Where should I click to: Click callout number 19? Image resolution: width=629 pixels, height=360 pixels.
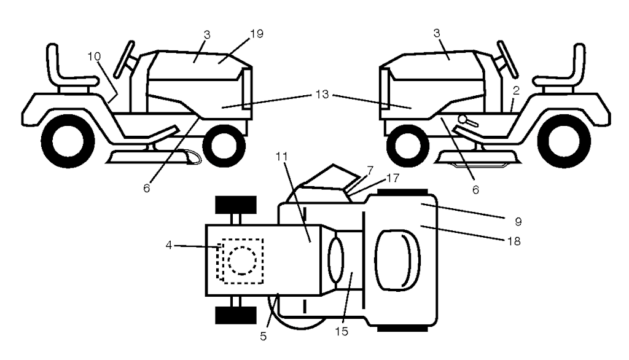coord(257,34)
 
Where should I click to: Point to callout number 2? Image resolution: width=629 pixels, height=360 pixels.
coord(516,90)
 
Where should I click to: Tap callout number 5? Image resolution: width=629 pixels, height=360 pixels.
coord(264,337)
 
